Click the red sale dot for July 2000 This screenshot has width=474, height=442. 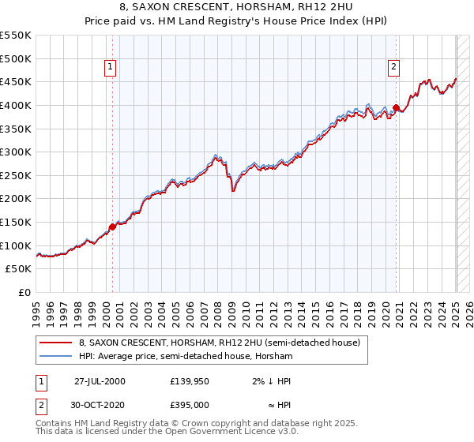coord(112,227)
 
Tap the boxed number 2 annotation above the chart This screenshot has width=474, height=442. coord(393,68)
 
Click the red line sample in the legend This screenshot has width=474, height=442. coord(55,343)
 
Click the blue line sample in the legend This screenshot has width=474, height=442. coord(55,356)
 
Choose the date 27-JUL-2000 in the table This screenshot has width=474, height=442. coord(100,380)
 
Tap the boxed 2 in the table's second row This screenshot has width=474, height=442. coord(40,404)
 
